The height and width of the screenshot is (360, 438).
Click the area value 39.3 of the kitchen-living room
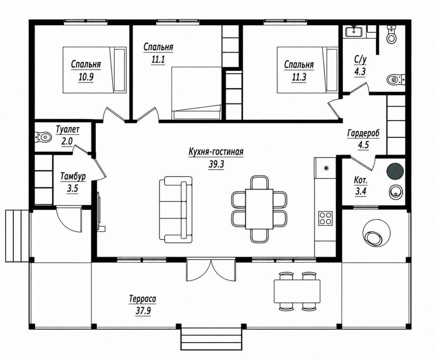[216, 165]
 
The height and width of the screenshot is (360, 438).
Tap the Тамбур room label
[73, 177]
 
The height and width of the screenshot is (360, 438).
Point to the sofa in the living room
[176, 209]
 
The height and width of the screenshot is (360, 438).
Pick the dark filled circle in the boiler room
[395, 171]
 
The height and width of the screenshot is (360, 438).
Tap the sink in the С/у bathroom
[354, 32]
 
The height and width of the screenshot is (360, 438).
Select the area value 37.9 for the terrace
[143, 311]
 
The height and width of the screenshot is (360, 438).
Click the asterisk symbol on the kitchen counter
[326, 168]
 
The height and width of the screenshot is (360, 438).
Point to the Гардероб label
[363, 133]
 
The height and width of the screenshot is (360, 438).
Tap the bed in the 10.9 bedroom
[94, 70]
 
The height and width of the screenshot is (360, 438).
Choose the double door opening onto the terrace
[211, 270]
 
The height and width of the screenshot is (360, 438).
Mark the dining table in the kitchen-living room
[259, 209]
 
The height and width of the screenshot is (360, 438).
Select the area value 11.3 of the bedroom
[299, 77]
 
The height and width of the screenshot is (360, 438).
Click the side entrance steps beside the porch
[17, 236]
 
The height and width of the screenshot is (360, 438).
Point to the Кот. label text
[361, 180]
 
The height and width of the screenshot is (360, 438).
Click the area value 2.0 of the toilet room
[67, 141]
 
